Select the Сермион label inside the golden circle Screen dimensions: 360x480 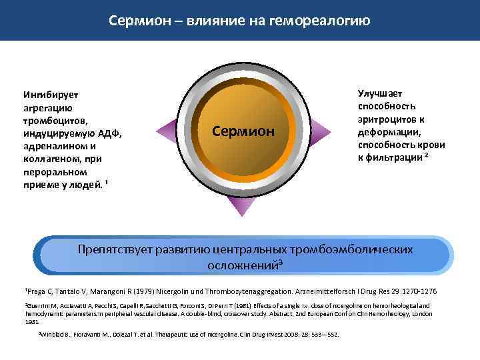(243, 131)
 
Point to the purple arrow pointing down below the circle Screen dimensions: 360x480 (238, 206)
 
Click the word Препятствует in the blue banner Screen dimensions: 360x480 (114, 249)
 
